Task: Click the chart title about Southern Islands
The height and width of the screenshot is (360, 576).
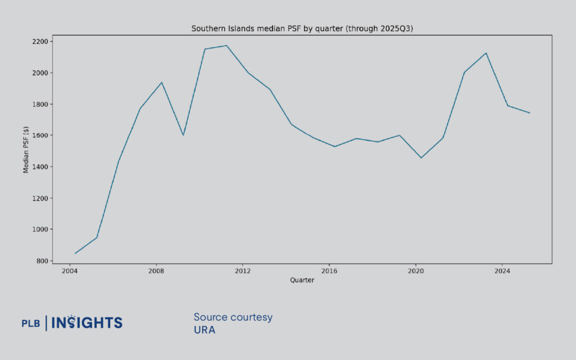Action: (302, 28)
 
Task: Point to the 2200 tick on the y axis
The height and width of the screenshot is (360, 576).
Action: (40, 42)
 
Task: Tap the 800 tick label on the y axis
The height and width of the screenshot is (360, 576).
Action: (42, 261)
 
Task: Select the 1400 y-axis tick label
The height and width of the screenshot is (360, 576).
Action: (40, 167)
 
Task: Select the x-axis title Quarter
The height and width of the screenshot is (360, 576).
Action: (302, 280)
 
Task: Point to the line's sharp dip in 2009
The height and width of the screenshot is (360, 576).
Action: (183, 135)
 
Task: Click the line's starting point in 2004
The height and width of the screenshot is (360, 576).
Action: (75, 253)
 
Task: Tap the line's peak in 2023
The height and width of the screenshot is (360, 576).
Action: (486, 53)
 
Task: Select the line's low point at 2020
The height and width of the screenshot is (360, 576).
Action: (421, 157)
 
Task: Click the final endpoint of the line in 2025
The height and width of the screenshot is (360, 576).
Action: (529, 113)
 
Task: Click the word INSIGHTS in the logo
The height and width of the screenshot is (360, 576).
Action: (87, 322)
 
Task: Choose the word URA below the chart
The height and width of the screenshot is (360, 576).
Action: (204, 330)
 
